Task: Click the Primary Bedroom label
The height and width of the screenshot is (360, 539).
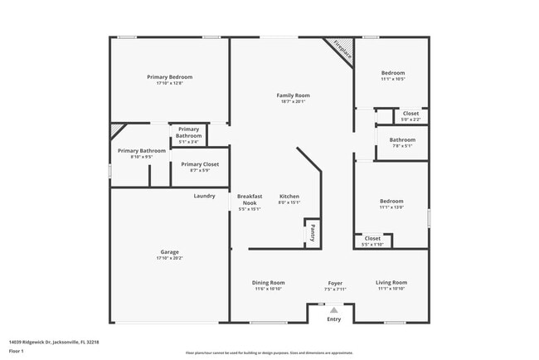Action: pyautogui.click(x=169, y=77)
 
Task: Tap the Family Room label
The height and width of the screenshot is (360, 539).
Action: pyautogui.click(x=292, y=95)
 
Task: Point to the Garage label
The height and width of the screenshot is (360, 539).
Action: pyautogui.click(x=169, y=252)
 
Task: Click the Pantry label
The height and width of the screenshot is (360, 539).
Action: pyautogui.click(x=313, y=233)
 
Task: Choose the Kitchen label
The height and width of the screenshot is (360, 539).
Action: pyautogui.click(x=289, y=197)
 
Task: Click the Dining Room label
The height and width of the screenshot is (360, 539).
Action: pyautogui.click(x=268, y=283)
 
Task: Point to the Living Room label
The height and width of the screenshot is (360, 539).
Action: pyautogui.click(x=391, y=283)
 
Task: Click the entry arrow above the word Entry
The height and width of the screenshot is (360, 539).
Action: pyautogui.click(x=334, y=309)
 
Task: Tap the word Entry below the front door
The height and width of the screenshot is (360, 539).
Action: pyautogui.click(x=334, y=319)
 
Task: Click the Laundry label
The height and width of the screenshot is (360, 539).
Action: pyautogui.click(x=204, y=196)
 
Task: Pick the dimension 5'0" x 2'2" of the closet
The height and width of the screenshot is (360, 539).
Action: pyautogui.click(x=410, y=119)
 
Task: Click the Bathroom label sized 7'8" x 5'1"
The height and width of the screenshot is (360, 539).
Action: pyautogui.click(x=402, y=140)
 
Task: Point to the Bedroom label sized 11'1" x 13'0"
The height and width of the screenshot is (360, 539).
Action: pyautogui.click(x=391, y=201)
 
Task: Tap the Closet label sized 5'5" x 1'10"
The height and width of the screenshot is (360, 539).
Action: pyautogui.click(x=372, y=238)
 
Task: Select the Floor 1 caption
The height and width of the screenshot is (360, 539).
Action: pyautogui.click(x=17, y=351)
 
